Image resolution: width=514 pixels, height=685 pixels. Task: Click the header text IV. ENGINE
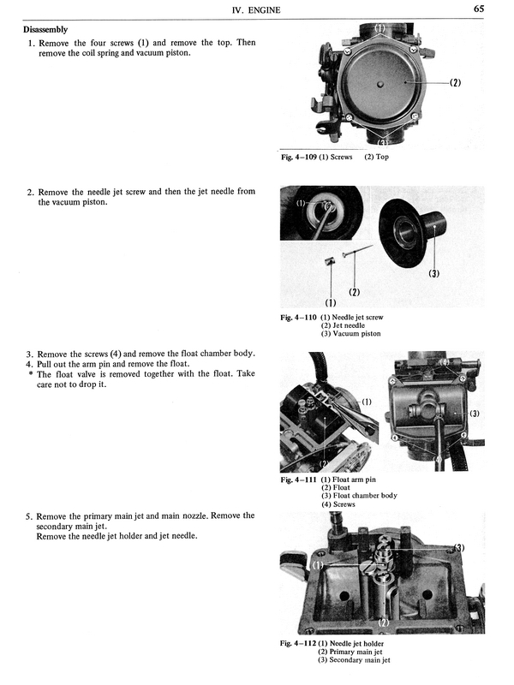pyautogui.click(x=258, y=9)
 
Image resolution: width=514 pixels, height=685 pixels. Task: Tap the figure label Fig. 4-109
pyautogui.click(x=299, y=158)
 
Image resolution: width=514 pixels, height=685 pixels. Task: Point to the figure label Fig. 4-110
pyautogui.click(x=299, y=317)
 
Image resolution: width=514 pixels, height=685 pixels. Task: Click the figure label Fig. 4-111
pyautogui.click(x=299, y=479)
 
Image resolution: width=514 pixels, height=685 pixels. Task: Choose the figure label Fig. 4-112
pyautogui.click(x=299, y=643)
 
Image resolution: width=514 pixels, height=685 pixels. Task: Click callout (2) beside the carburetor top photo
pyautogui.click(x=454, y=83)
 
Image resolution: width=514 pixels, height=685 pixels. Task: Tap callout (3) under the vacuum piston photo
pyautogui.click(x=433, y=274)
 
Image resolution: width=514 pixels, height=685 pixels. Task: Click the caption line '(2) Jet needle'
pyautogui.click(x=349, y=325)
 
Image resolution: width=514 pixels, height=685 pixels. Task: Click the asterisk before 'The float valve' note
pyautogui.click(x=30, y=374)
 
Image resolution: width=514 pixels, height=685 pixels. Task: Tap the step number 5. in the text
pyautogui.click(x=30, y=516)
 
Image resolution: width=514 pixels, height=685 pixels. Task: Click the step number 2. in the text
pyautogui.click(x=30, y=192)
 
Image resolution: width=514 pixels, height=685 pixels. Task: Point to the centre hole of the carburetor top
pyautogui.click(x=379, y=85)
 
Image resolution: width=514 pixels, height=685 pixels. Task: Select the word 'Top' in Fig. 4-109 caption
pyautogui.click(x=382, y=158)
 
